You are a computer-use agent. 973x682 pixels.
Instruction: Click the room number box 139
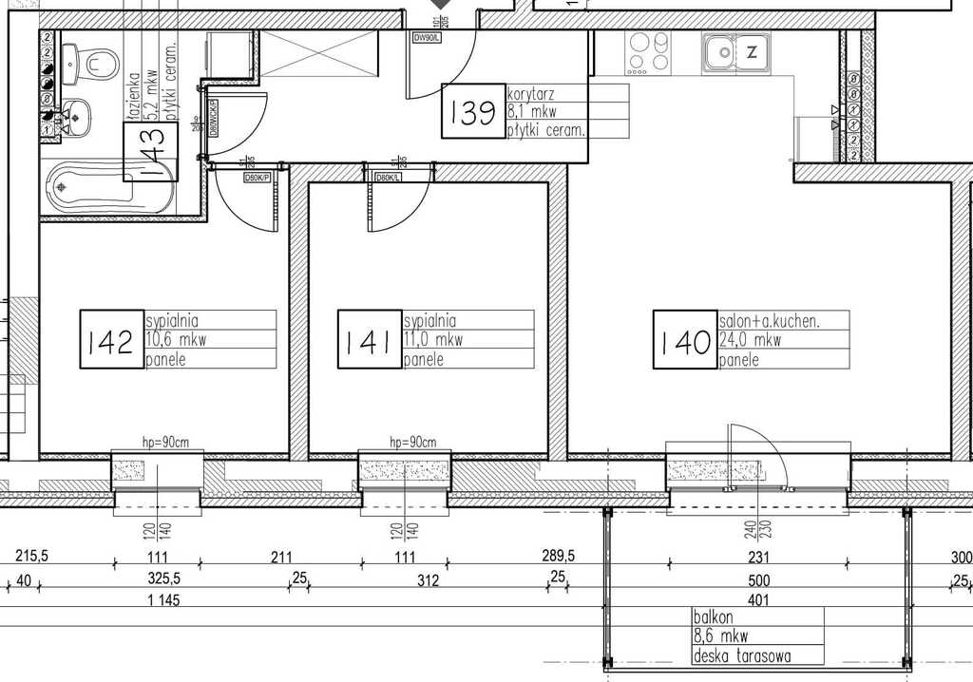click(473, 112)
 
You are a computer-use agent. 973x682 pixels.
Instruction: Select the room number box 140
click(683, 340)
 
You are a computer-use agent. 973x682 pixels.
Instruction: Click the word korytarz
click(531, 94)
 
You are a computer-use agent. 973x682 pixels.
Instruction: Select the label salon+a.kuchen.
click(770, 321)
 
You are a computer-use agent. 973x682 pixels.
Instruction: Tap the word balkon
click(713, 616)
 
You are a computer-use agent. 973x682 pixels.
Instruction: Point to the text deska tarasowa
click(742, 655)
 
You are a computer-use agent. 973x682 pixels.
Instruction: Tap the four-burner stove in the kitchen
click(649, 52)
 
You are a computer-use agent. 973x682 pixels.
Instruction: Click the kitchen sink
click(719, 51)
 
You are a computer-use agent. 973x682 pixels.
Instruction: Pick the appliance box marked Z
click(752, 52)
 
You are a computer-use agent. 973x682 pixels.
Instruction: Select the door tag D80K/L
click(388, 178)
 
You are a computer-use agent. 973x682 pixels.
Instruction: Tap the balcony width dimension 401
click(758, 600)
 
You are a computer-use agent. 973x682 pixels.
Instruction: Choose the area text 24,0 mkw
click(750, 340)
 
